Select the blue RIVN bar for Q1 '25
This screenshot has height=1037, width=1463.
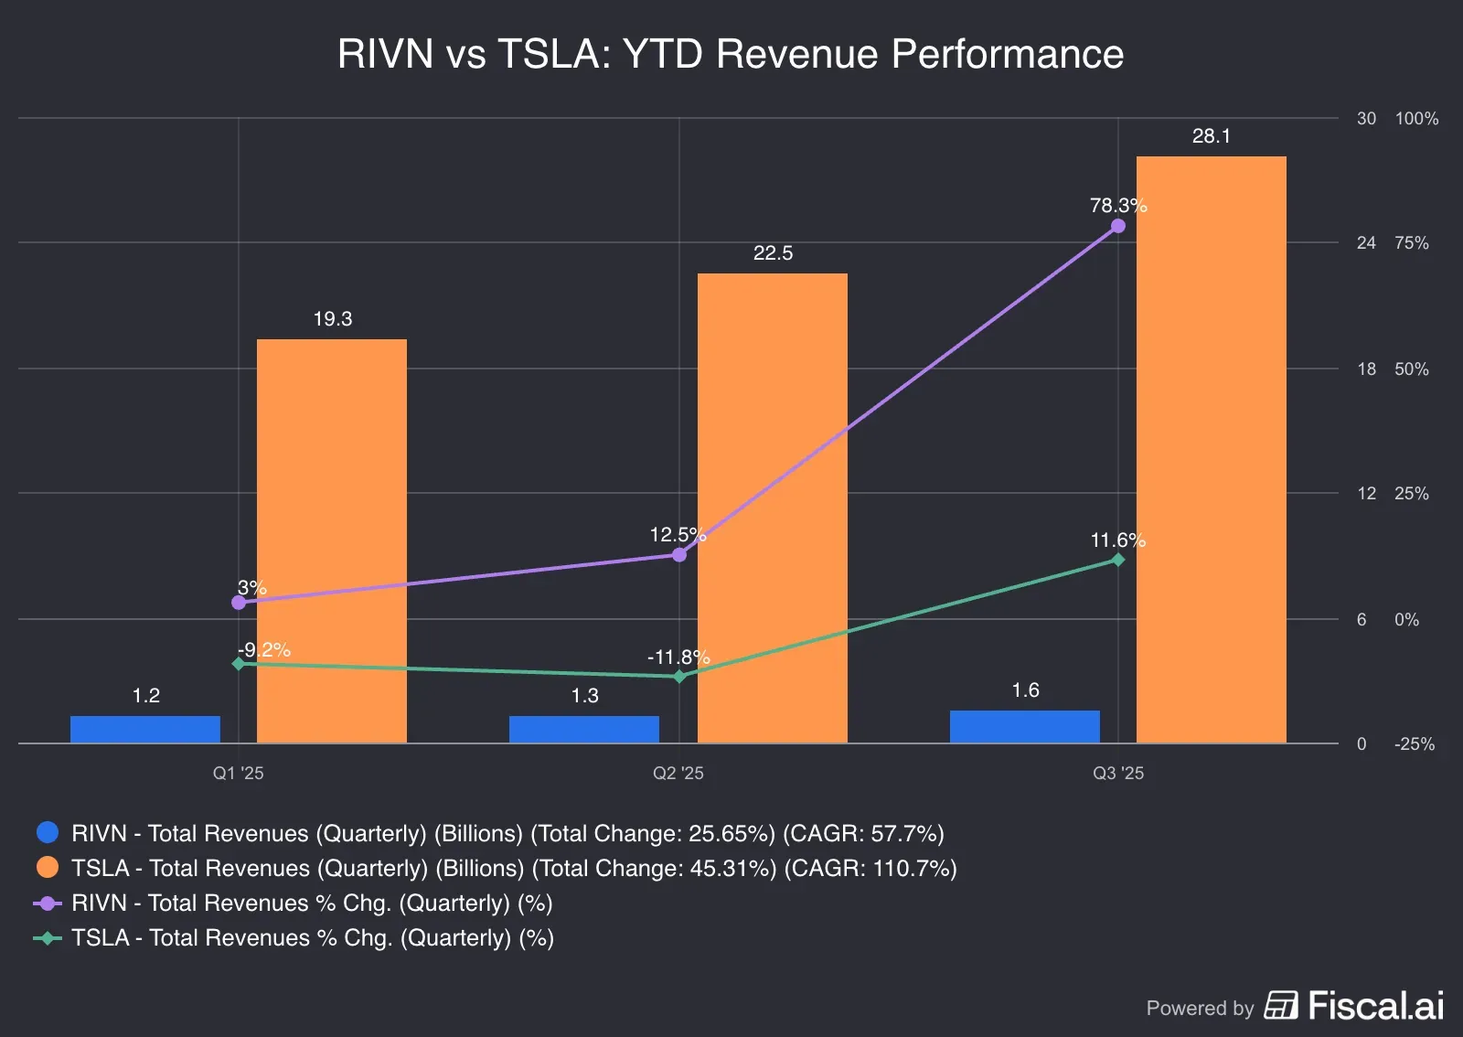[x=145, y=729]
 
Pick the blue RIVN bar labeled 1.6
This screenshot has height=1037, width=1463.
[x=1024, y=726]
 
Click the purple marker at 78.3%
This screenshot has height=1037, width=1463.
[x=1118, y=226]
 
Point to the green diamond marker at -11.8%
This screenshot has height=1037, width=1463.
[x=679, y=677]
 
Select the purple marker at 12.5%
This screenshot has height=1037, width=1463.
[x=679, y=555]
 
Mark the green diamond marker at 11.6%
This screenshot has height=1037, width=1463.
[x=1118, y=560]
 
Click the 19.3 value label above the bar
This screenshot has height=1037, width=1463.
[x=332, y=319]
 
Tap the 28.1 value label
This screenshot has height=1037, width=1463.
[x=1211, y=136]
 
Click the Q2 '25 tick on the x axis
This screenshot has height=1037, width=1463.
[x=678, y=773]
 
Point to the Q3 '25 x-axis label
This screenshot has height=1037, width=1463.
[x=1118, y=773]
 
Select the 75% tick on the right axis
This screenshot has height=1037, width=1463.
[x=1411, y=243]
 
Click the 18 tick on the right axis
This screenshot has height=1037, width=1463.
[x=1366, y=369]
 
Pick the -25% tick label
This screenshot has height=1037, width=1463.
[x=1414, y=744]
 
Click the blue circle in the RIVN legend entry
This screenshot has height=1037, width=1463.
[x=48, y=832]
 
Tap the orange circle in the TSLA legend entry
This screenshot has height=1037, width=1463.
[x=48, y=867]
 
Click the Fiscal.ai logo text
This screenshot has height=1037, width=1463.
[x=1375, y=1006]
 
